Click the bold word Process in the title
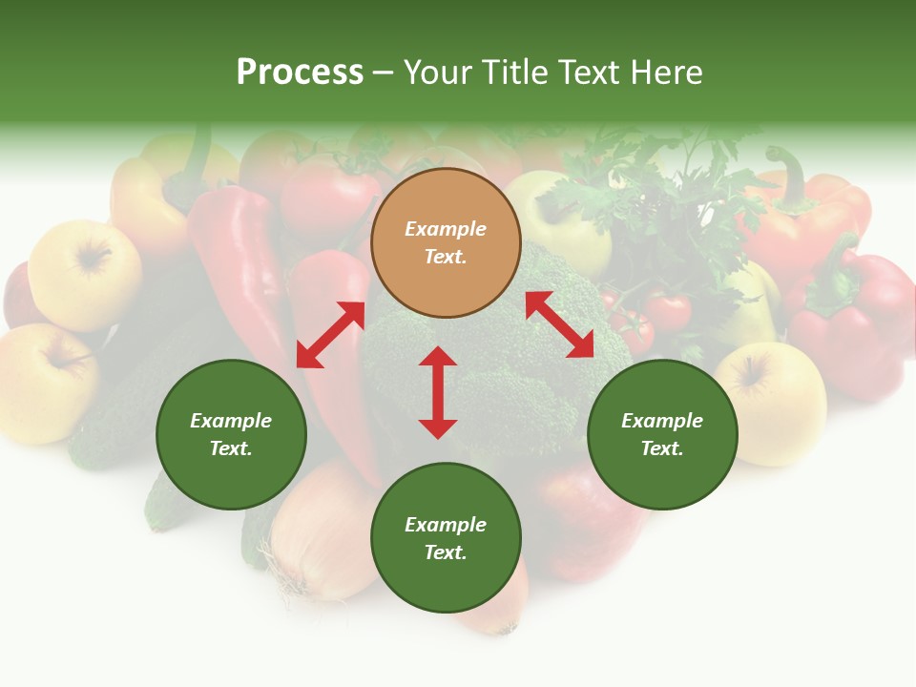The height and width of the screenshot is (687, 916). [300, 73]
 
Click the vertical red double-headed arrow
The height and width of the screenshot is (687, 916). [438, 392]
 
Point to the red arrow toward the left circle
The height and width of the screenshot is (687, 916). [330, 335]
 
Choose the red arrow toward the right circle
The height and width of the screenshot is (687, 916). [559, 324]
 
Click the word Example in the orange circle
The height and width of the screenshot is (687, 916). [446, 229]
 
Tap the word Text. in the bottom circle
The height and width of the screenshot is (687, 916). [446, 552]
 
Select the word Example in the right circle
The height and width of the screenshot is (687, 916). [662, 421]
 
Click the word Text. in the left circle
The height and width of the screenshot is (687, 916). [231, 448]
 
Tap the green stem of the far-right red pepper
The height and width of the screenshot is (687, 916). [840, 277]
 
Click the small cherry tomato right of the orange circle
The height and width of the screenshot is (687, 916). [668, 310]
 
